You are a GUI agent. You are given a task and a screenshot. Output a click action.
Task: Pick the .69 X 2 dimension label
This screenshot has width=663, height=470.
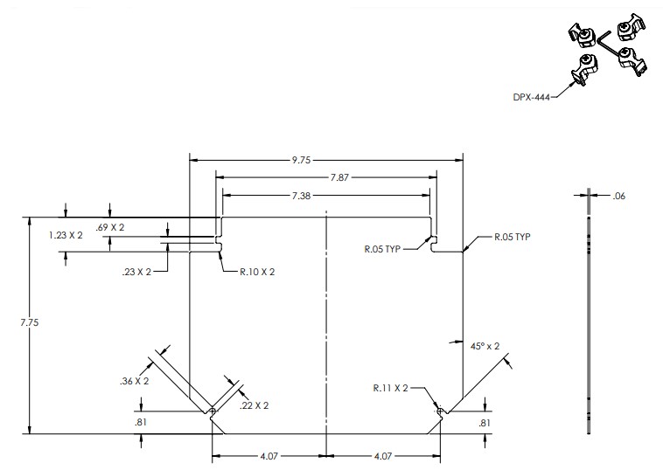(110, 227)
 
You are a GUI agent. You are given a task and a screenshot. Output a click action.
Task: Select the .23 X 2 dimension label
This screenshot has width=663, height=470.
(136, 272)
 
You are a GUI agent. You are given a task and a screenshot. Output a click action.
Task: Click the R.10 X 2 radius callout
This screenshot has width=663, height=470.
(255, 272)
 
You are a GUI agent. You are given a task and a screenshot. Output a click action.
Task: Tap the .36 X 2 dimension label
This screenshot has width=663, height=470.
(134, 381)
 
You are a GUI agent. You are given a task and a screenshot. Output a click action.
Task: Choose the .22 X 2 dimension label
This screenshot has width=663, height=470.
(254, 404)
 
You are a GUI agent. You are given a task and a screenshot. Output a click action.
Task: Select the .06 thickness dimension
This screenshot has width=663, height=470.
(620, 197)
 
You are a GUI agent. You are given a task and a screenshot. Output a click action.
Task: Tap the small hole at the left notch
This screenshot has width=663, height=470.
(213, 411)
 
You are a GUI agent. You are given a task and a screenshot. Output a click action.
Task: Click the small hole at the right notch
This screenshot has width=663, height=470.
(439, 410)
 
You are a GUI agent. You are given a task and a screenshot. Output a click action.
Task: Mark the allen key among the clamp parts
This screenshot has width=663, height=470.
(607, 44)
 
